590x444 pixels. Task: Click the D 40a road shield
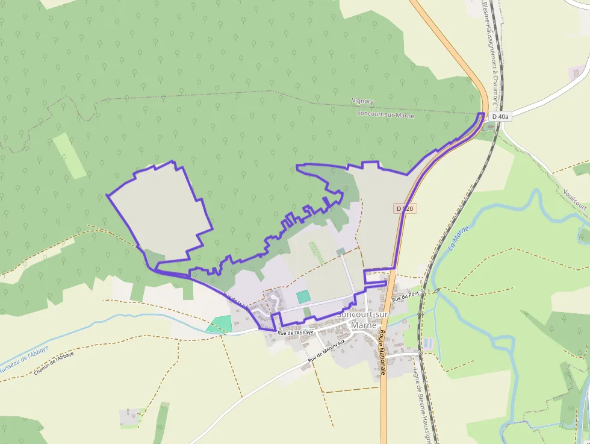pos(499,117)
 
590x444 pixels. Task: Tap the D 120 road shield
pos(406,208)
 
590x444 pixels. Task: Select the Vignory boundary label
pos(362,102)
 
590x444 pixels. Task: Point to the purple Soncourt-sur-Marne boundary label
pos(385,114)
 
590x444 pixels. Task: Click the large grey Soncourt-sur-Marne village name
pos(363,320)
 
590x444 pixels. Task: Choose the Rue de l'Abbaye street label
pos(296,333)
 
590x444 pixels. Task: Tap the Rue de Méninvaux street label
pos(328,351)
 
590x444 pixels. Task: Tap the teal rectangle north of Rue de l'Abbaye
pos(303,296)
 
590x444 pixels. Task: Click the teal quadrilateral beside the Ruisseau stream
pos(220,324)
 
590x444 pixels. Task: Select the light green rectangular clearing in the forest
pos(69,155)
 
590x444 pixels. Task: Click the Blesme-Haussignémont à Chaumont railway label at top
pos(490,51)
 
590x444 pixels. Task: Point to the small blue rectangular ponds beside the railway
pos(427,343)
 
